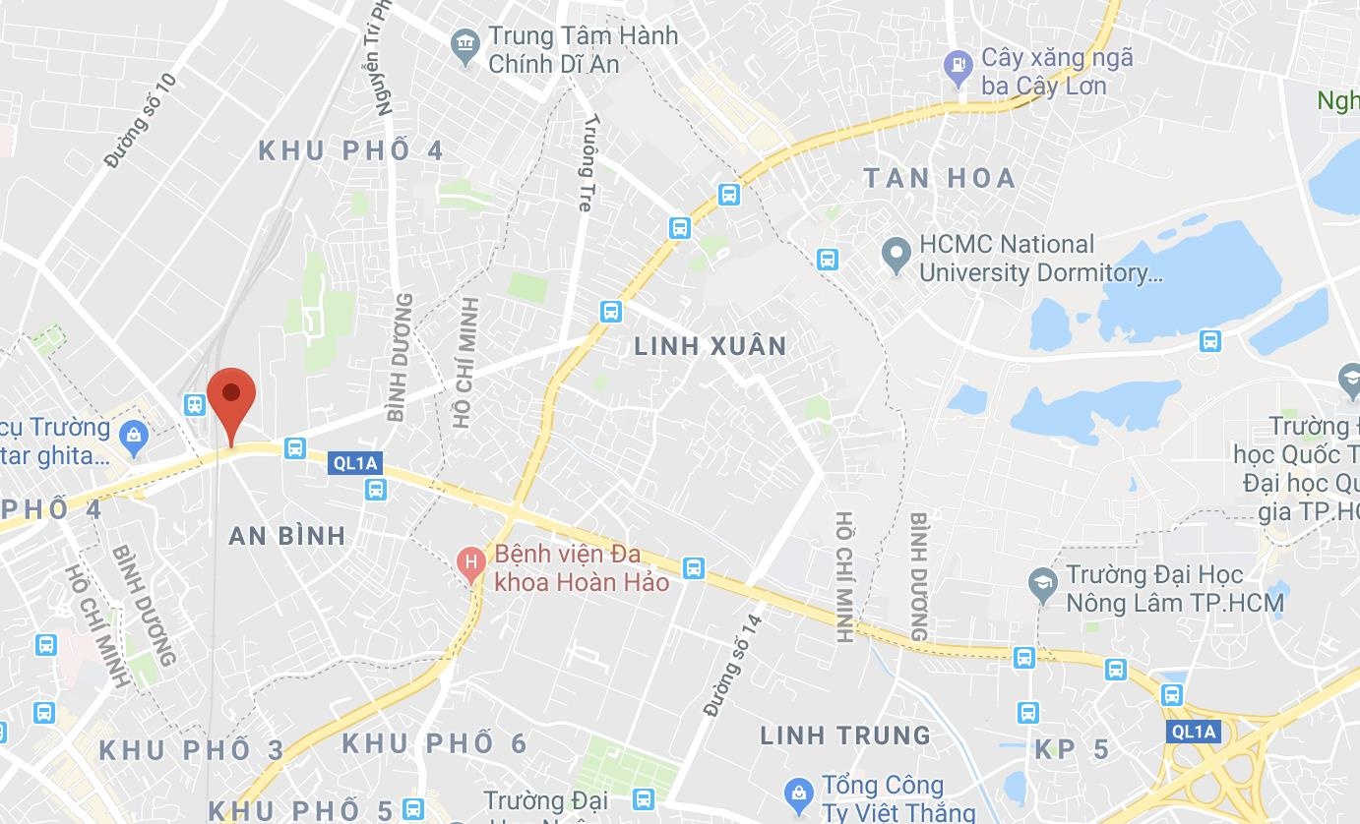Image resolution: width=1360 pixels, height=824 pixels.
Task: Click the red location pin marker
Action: (x=231, y=399)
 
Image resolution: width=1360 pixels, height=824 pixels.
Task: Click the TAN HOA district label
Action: (x=940, y=178)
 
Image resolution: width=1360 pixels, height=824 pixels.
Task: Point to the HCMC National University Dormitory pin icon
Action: (x=896, y=255)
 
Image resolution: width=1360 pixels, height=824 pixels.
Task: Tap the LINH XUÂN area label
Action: (x=711, y=346)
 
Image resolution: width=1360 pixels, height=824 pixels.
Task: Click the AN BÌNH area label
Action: (x=287, y=536)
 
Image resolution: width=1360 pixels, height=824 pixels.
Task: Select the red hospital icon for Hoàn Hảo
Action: (x=472, y=564)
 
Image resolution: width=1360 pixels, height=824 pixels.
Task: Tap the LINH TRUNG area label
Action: (x=845, y=736)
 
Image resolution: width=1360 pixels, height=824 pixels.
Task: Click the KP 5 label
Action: (x=1072, y=750)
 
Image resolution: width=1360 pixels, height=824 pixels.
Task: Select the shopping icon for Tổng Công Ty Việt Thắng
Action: (x=798, y=792)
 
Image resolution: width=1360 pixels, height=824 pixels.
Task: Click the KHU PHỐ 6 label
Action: (x=435, y=743)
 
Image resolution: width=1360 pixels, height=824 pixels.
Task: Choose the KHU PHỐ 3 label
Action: (x=192, y=751)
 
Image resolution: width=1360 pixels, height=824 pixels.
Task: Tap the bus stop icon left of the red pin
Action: (x=195, y=404)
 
